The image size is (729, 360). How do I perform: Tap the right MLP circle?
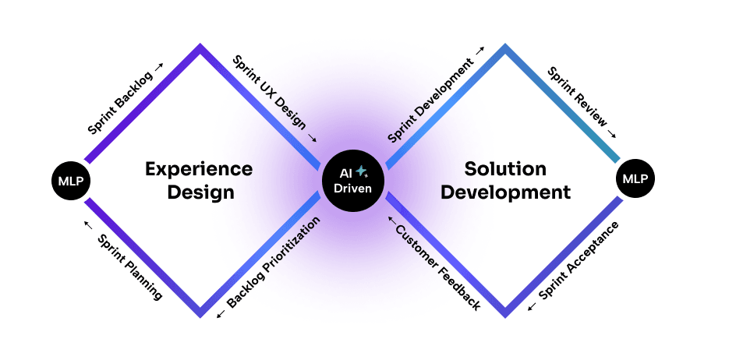click(x=635, y=180)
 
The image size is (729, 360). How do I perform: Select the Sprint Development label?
click(x=430, y=100)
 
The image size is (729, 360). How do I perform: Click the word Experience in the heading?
click(x=200, y=169)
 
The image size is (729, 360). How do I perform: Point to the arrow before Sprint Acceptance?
click(x=533, y=307)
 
